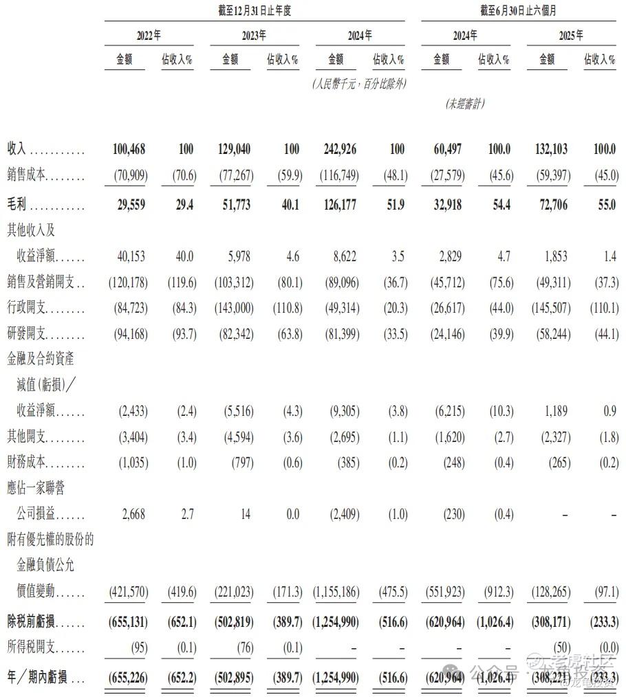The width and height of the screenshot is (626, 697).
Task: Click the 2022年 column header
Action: click(148, 36)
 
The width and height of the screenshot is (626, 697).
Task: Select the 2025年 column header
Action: click(570, 36)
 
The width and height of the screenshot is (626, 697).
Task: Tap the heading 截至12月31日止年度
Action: click(254, 11)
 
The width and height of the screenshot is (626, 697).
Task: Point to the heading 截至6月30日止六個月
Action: click(517, 11)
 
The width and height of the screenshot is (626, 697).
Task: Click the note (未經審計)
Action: click(465, 104)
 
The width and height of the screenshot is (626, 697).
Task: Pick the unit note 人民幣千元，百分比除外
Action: click(358, 84)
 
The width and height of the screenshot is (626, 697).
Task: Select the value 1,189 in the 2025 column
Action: click(555, 411)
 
